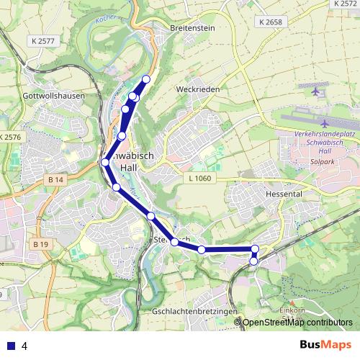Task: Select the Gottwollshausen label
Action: pos(54,95)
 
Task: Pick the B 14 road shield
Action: pos(58,179)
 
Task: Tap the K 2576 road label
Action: pos(12,137)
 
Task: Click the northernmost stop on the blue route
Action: pos(146,79)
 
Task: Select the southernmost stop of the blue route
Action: pos(253,261)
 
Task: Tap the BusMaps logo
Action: pos(323,345)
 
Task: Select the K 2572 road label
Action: pos(345,4)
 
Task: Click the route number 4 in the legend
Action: pos(24,346)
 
